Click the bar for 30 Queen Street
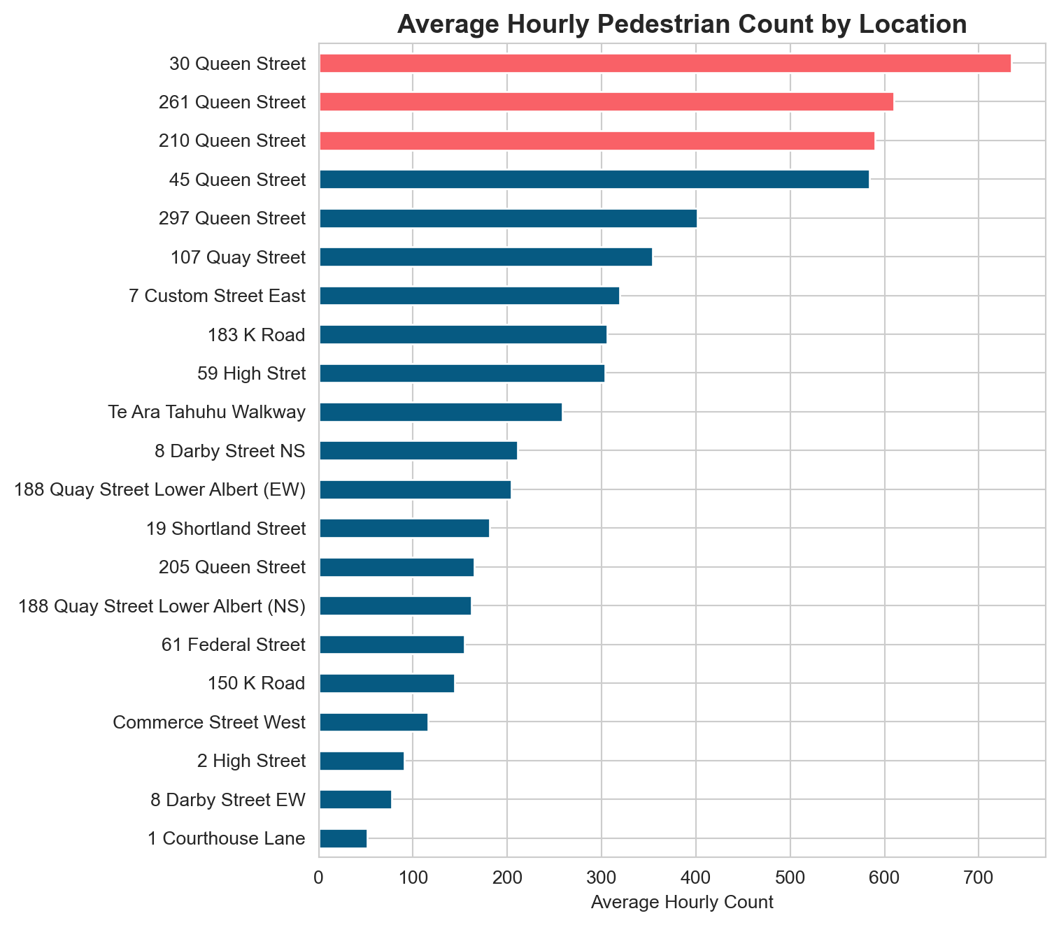[664, 64]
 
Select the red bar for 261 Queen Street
[606, 102]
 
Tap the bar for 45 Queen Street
[594, 180]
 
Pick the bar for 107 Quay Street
[485, 257]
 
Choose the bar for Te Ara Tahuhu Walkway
[441, 413]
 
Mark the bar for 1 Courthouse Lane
[343, 838]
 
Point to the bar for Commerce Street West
[374, 722]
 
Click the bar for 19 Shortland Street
[404, 529]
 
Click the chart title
[682, 24]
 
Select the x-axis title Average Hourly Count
[682, 903]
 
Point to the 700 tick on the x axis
[979, 875]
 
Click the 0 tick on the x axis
[319, 875]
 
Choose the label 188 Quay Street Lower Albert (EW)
[160, 490]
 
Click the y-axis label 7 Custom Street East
[218, 296]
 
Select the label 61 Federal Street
[232, 645]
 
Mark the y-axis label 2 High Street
[251, 761]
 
